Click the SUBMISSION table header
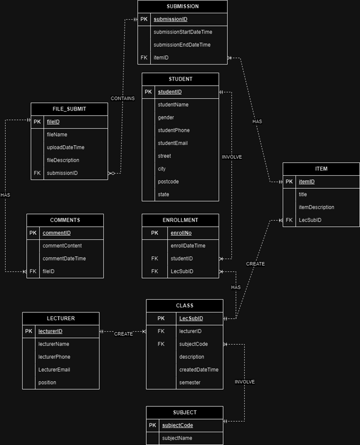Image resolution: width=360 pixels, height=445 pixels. (x=182, y=7)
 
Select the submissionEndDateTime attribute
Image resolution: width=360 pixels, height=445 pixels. (x=182, y=45)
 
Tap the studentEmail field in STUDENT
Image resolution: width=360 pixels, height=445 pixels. (x=173, y=143)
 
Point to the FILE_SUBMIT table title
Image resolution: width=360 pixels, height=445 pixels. (x=69, y=109)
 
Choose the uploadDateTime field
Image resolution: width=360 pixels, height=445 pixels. (x=66, y=147)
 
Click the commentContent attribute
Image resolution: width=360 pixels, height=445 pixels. (x=62, y=246)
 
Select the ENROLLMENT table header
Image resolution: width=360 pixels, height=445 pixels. (x=180, y=220)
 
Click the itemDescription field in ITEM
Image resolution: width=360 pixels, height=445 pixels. (x=317, y=207)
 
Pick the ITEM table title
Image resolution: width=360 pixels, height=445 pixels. (x=321, y=169)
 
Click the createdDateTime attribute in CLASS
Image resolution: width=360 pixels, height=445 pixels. (x=199, y=370)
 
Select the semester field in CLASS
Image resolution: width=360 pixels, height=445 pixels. (x=190, y=382)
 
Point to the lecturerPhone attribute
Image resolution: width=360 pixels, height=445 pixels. (x=54, y=357)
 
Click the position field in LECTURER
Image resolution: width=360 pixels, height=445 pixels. (x=47, y=382)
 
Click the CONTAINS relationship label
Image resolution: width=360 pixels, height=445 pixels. (x=122, y=98)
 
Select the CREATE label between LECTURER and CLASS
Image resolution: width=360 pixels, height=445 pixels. (x=123, y=334)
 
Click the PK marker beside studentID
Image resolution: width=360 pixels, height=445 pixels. (x=148, y=92)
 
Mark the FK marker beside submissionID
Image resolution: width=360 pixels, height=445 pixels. (x=37, y=173)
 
